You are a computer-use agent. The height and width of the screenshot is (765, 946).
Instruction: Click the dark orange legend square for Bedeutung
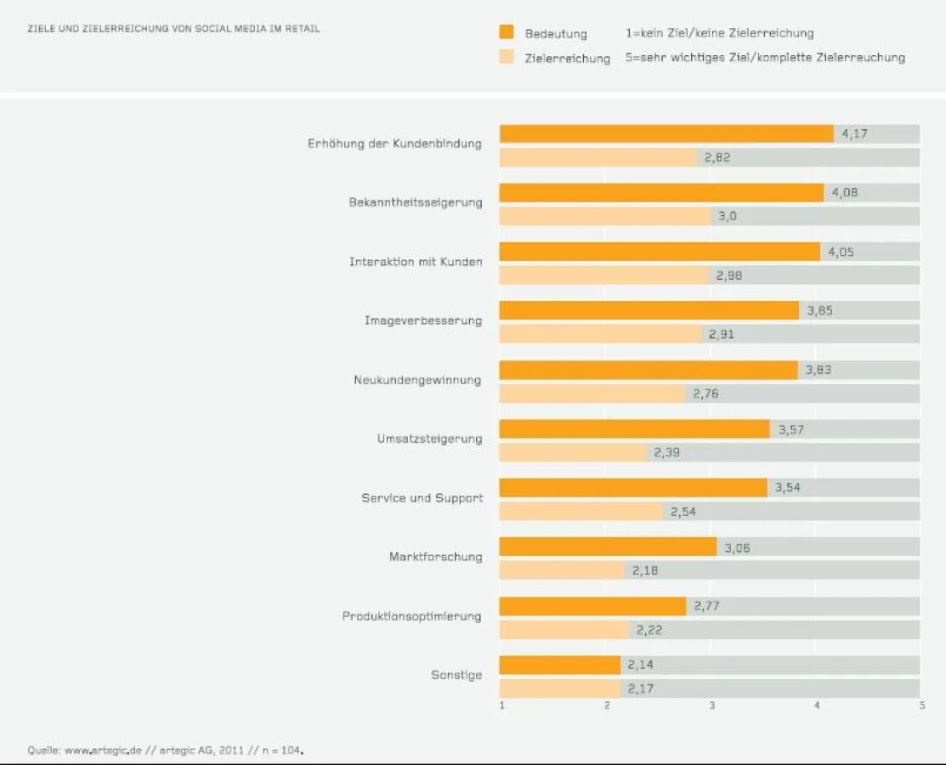pos(507,33)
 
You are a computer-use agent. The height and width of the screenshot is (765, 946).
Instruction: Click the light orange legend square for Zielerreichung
pos(507,57)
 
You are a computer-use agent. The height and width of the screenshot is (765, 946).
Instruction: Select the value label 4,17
pos(854,133)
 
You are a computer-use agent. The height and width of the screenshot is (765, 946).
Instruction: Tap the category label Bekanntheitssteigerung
pos(415,202)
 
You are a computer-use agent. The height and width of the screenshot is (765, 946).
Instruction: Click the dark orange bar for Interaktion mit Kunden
pos(660,252)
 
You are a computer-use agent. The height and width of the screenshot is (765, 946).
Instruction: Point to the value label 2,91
pos(722,334)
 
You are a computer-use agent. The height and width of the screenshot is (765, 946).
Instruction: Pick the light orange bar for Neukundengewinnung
pos(592,394)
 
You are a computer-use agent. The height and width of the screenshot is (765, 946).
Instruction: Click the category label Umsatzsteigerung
pos(429,439)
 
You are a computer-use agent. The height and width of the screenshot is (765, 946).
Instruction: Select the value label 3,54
pos(787,488)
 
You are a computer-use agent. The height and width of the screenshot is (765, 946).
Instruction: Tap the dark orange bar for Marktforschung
pos(608,547)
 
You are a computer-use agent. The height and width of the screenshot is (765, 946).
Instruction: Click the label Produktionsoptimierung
pos(411,615)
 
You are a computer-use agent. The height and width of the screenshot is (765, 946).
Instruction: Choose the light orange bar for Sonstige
pos(559,688)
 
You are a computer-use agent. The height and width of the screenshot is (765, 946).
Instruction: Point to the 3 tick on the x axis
pos(712,705)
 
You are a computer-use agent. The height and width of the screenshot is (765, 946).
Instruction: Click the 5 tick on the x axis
pos(921,705)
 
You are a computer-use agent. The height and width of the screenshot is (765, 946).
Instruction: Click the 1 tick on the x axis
pos(502,705)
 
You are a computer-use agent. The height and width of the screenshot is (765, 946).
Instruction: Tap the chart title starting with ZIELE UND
pos(173,29)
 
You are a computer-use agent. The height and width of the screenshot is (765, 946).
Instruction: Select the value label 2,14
pos(640,665)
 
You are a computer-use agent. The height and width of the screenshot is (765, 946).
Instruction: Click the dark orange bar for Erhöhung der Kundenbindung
pos(666,133)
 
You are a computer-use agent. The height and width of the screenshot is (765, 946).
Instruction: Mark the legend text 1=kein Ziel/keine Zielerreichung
pos(719,33)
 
